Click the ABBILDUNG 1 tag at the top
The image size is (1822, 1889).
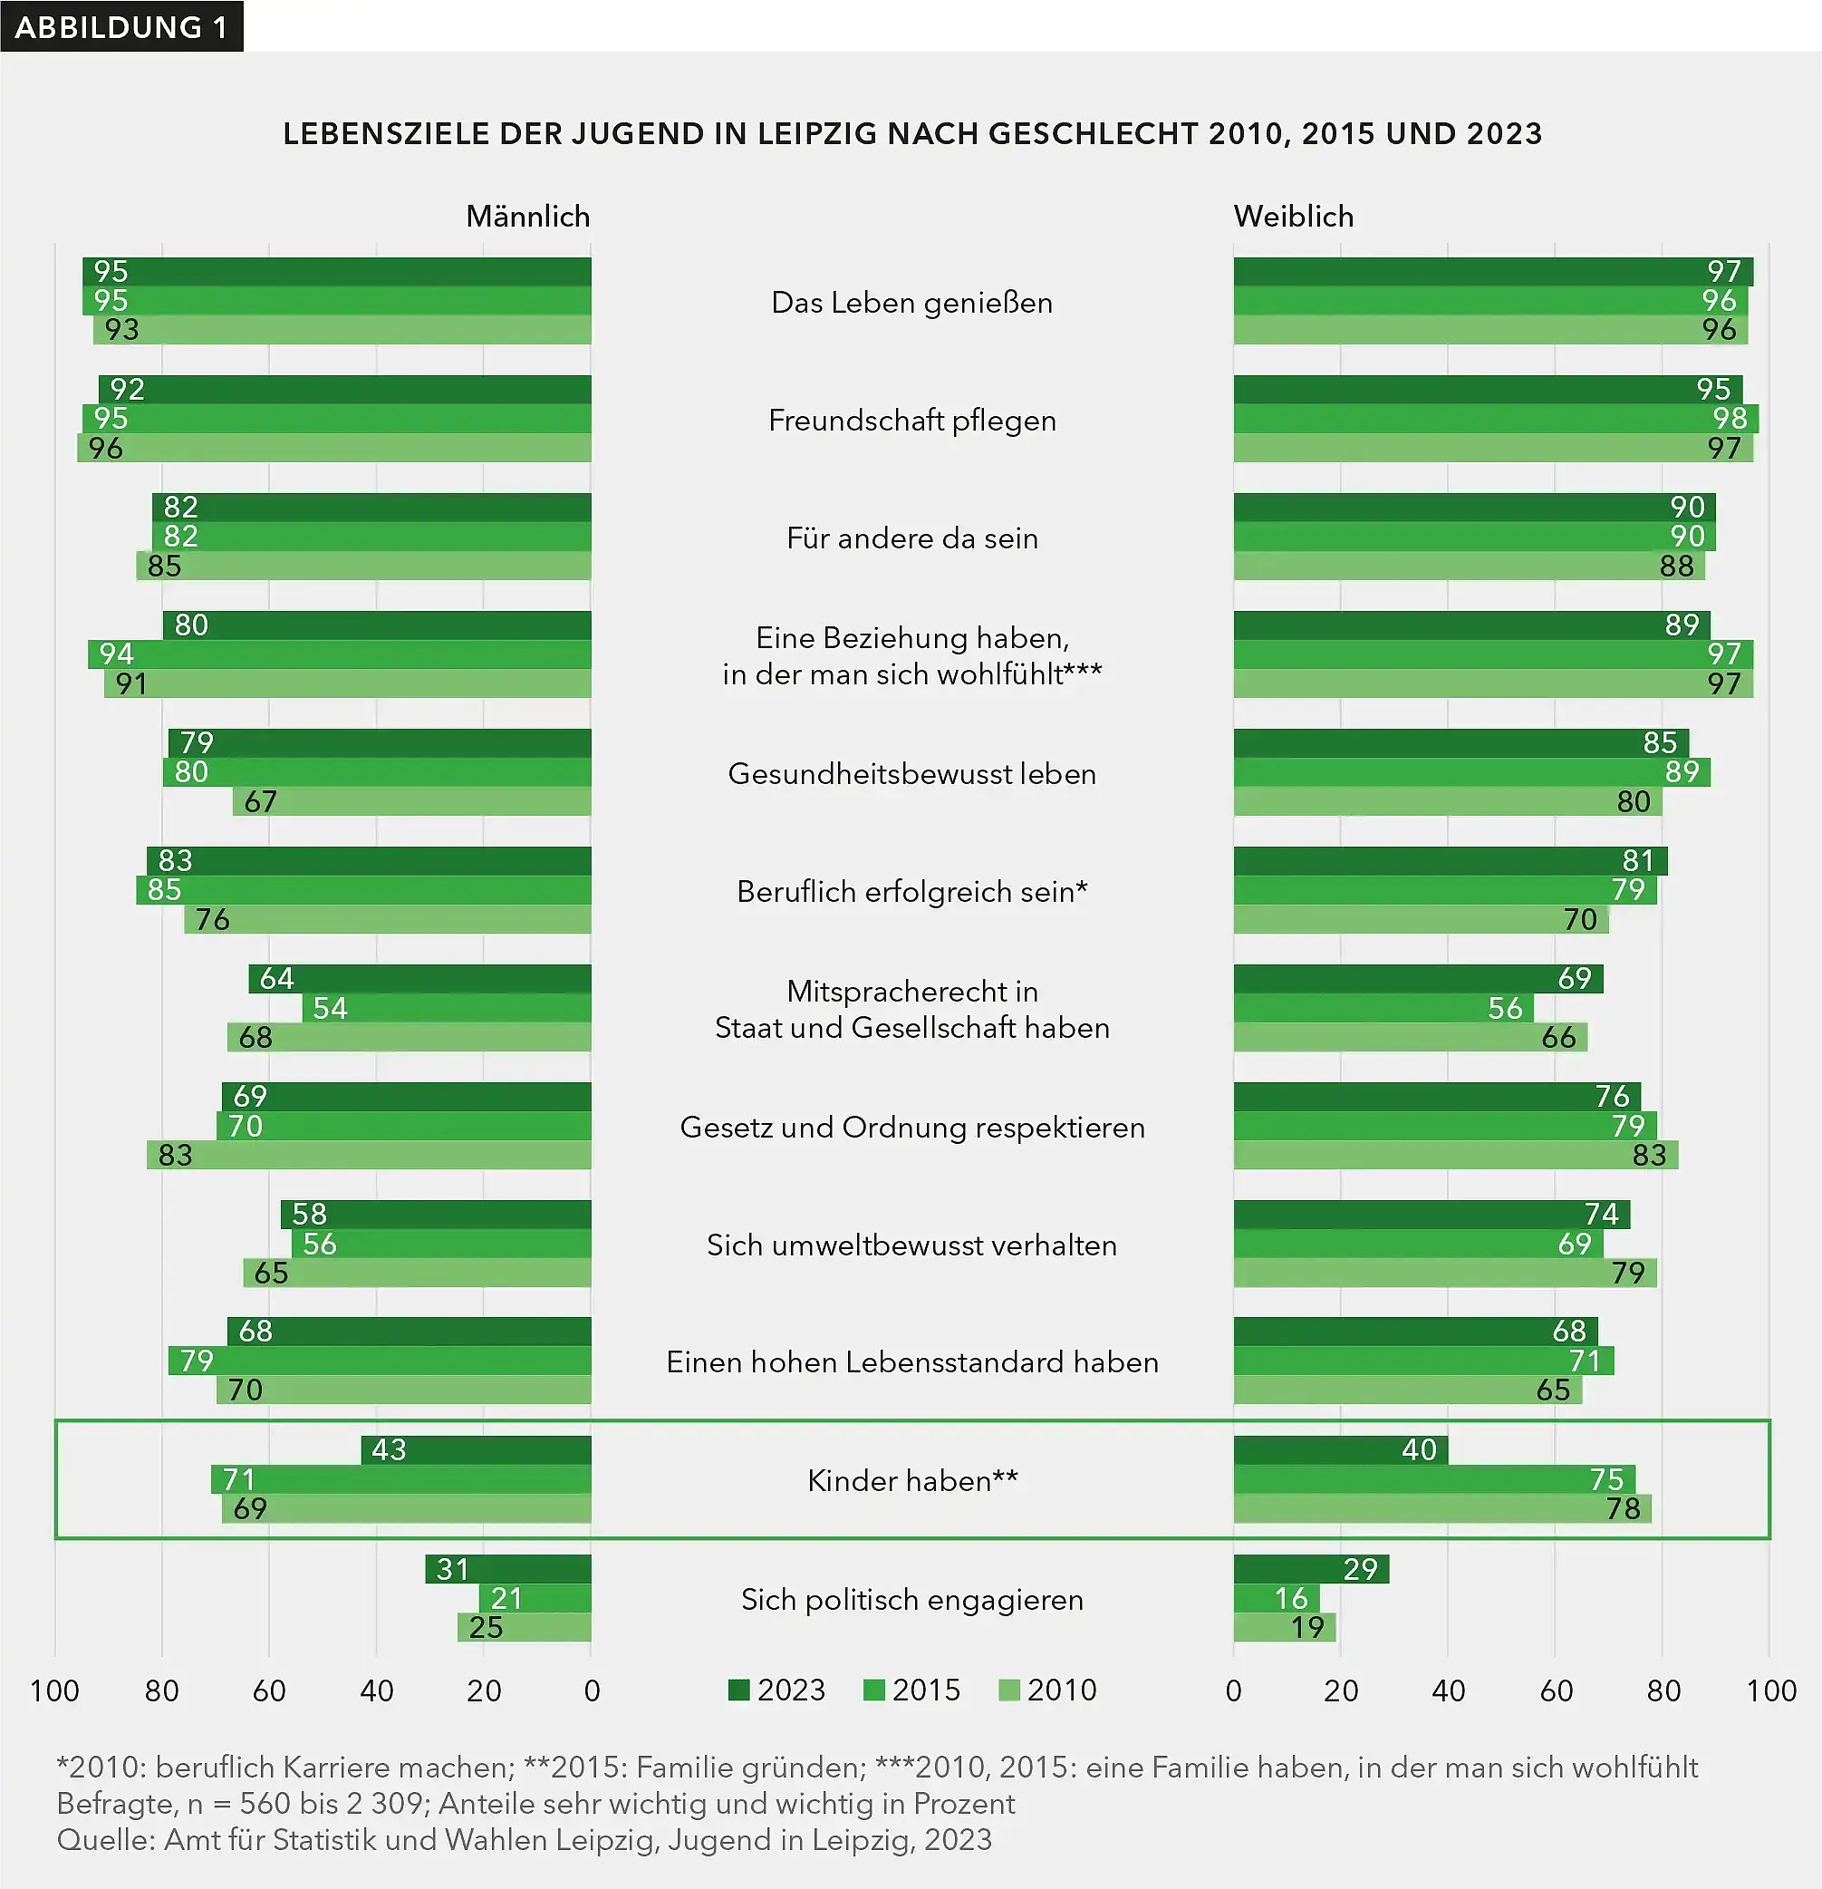coord(121,26)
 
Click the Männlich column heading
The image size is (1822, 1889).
coord(527,216)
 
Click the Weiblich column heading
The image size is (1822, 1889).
coord(1293,216)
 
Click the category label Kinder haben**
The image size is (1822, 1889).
coord(911,1479)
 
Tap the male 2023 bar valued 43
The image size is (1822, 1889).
coord(476,1449)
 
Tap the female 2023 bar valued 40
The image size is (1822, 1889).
coord(1339,1449)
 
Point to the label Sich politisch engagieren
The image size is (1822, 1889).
coord(911,1599)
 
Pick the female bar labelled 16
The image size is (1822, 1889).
coord(1276,1598)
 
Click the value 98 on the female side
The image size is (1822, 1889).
coord(1730,418)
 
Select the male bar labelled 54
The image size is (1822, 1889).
coord(446,1008)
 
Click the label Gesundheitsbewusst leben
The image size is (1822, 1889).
coord(911,773)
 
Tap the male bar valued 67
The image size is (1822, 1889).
coord(411,801)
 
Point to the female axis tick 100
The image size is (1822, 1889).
coord(1770,1690)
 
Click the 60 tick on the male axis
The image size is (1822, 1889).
coord(269,1690)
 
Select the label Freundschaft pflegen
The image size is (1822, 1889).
coord(911,420)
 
